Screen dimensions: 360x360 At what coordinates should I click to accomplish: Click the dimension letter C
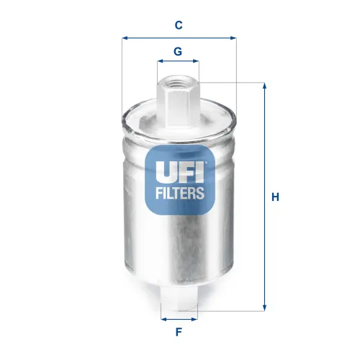coord(179,25)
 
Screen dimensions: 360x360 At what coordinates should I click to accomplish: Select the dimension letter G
coord(178,52)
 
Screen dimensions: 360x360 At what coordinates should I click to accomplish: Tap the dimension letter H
coord(275,197)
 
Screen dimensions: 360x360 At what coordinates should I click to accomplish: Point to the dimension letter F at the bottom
coord(179,333)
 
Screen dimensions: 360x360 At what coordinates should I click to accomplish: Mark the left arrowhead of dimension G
coord(161,63)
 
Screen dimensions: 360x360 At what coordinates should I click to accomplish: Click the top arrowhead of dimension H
coord(264,86)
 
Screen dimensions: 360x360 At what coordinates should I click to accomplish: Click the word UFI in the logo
coord(181,171)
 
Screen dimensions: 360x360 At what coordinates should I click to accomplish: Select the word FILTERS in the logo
coord(181,192)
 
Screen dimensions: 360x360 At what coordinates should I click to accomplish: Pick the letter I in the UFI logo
coord(202,171)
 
